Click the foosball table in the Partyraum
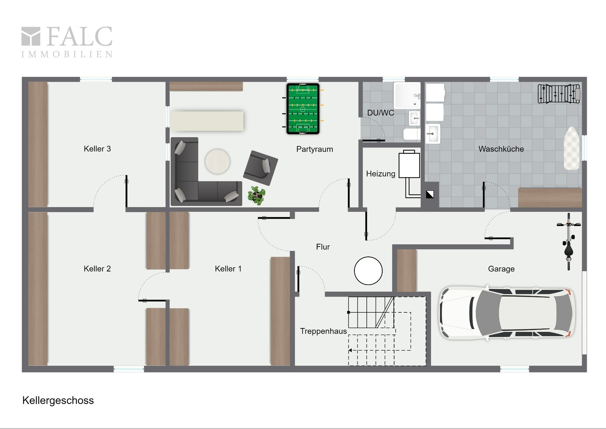(303, 109)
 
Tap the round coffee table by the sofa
(217, 162)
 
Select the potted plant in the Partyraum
(257, 195)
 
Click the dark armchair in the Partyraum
(260, 168)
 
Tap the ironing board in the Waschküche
(572, 148)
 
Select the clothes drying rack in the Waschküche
(559, 94)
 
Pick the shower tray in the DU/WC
(407, 95)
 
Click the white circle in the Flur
(368, 271)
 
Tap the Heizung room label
(381, 174)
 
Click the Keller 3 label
(97, 149)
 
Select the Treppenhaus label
(324, 331)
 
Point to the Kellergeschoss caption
(58, 401)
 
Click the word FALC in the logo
(80, 36)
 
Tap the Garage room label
(501, 269)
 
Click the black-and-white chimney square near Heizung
(430, 194)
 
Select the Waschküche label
(501, 149)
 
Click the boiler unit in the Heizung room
(409, 164)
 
